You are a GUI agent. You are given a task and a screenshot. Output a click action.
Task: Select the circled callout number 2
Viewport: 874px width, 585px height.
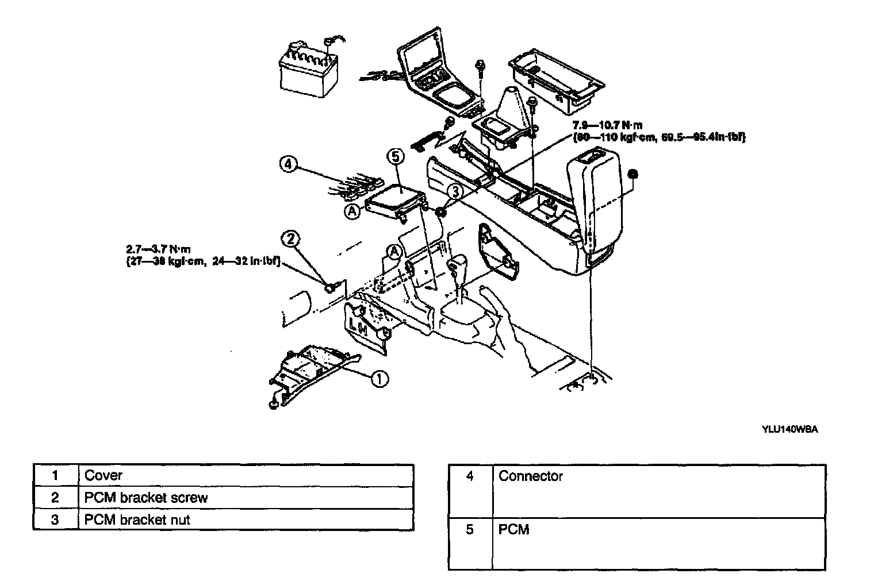pyautogui.click(x=291, y=239)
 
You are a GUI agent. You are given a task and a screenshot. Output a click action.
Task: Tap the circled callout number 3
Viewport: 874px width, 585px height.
pyautogui.click(x=455, y=190)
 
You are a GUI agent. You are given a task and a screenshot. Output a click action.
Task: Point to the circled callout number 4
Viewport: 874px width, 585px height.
pyautogui.click(x=288, y=164)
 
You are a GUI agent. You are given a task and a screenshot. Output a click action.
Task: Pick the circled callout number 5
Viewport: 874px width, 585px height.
pyautogui.click(x=397, y=156)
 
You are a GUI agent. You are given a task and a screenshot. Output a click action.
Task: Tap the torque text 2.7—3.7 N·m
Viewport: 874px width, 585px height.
pyautogui.click(x=158, y=249)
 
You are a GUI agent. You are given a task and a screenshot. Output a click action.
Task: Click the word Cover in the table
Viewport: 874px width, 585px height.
pyautogui.click(x=103, y=476)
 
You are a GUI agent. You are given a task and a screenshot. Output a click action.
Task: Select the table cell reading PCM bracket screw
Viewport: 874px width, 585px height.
pyautogui.click(x=146, y=498)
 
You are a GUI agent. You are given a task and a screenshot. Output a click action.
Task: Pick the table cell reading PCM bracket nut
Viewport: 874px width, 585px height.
pyautogui.click(x=137, y=520)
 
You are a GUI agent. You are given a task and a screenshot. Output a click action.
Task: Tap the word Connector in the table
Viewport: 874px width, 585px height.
pyautogui.click(x=531, y=476)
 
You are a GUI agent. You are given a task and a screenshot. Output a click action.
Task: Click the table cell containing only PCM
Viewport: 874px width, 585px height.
pyautogui.click(x=514, y=529)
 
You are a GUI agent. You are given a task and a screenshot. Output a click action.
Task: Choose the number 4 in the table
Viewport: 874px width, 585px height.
pyautogui.click(x=470, y=476)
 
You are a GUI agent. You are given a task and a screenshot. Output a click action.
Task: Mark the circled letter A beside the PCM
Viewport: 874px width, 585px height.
pyautogui.click(x=353, y=211)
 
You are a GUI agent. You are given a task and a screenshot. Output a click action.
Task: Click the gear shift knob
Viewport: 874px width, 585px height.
pyautogui.click(x=458, y=265)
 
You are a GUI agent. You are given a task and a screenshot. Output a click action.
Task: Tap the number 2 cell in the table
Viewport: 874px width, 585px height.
pyautogui.click(x=55, y=498)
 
